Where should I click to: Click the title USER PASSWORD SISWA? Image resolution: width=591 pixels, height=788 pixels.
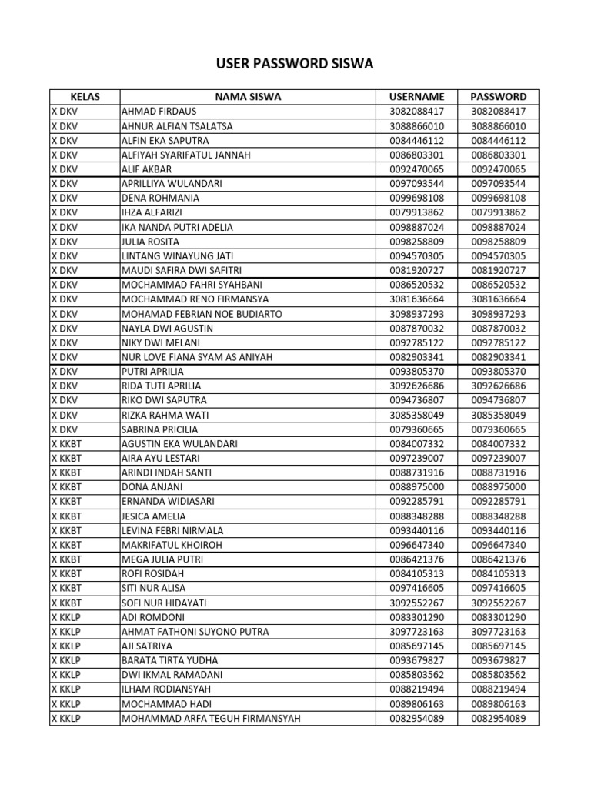(x=295, y=64)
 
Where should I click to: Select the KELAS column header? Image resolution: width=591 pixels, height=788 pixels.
(x=85, y=97)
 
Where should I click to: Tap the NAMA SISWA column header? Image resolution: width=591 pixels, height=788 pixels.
(x=248, y=97)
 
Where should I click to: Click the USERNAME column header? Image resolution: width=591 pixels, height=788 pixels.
(x=417, y=97)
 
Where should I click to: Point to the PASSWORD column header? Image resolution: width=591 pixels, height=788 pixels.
(x=498, y=97)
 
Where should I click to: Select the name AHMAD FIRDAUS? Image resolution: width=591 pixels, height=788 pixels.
(x=159, y=112)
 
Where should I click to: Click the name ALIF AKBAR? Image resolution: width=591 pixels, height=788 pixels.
(x=147, y=169)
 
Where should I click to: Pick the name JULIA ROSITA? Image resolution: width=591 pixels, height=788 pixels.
(x=152, y=242)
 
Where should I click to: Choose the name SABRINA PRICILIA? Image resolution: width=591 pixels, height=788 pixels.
(x=160, y=429)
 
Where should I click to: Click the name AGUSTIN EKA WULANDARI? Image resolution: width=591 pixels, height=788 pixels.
(x=180, y=444)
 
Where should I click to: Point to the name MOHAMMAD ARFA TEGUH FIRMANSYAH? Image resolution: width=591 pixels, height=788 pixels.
(x=211, y=719)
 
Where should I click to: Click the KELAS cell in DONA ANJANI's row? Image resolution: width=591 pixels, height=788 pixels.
(x=66, y=487)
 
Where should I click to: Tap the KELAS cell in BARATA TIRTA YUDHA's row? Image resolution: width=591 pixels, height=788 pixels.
(x=66, y=660)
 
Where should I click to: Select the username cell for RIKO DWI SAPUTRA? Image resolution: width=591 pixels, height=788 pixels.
(x=417, y=400)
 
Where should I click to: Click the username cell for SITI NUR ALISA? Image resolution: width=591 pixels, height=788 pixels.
(x=417, y=588)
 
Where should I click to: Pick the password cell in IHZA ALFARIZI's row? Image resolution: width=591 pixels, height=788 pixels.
(x=498, y=212)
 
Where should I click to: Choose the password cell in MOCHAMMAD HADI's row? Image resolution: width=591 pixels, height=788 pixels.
(x=498, y=704)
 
